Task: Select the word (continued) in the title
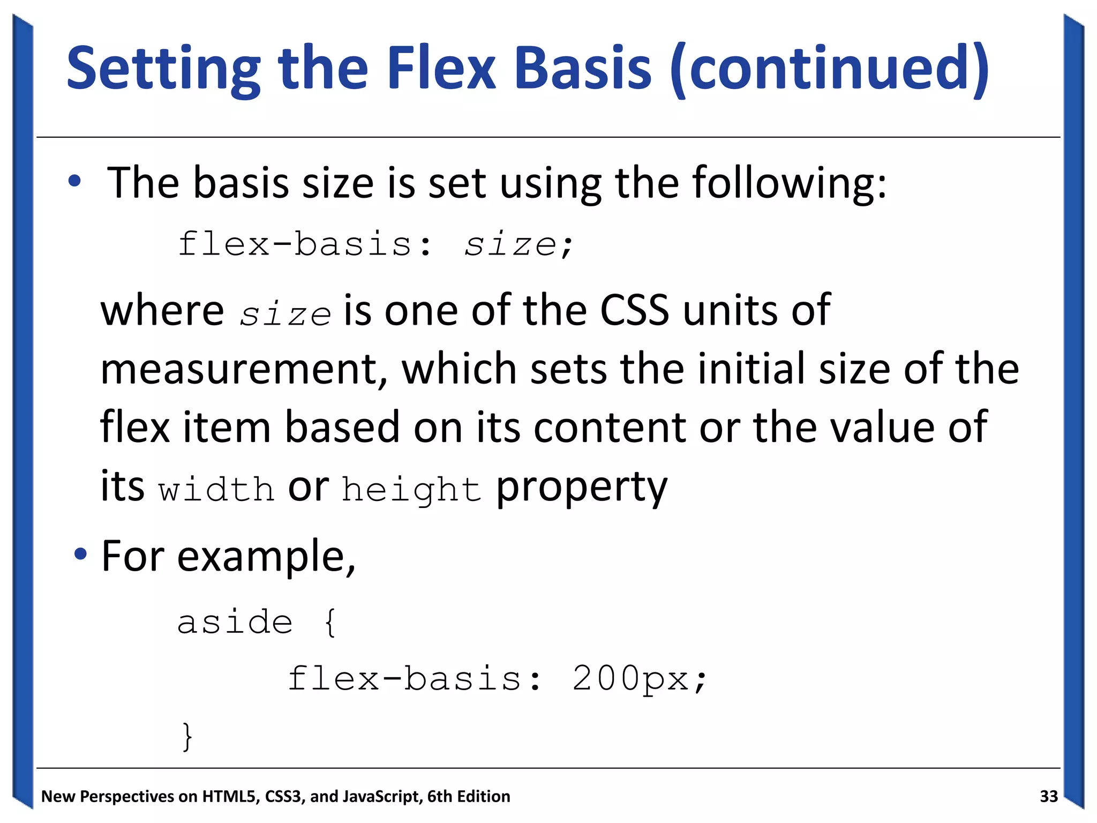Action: click(829, 70)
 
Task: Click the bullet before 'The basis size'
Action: click(74, 181)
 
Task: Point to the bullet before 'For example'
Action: click(80, 554)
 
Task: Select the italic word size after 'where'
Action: click(285, 314)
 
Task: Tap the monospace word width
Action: click(216, 489)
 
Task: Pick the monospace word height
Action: click(411, 490)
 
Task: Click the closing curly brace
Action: click(187, 737)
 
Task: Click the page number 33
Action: click(1048, 796)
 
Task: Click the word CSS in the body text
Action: click(634, 310)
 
